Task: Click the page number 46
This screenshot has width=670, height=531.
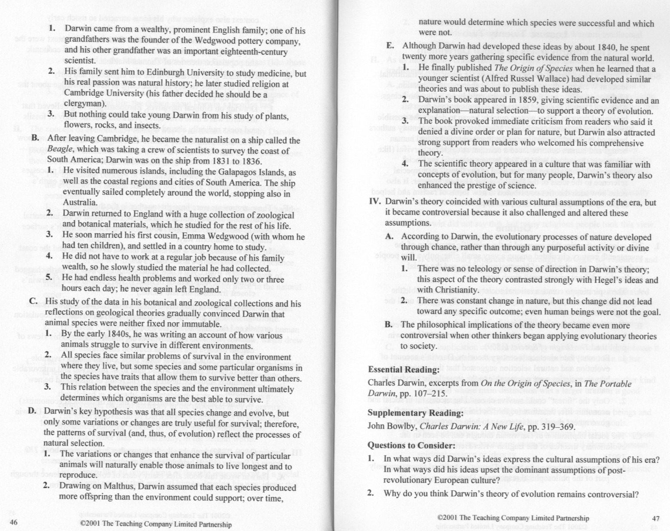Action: point(13,522)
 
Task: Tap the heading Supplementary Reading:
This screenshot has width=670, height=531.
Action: point(415,413)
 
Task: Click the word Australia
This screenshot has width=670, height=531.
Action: point(80,203)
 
